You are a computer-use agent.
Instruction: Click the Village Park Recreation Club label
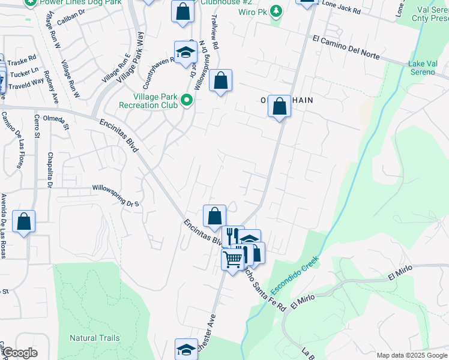tap(155, 100)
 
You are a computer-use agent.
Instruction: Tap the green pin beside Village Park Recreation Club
tap(187, 100)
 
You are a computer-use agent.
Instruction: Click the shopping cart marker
tap(232, 260)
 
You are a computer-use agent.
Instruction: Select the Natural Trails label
tap(94, 338)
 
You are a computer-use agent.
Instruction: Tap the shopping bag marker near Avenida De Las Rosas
tap(23, 221)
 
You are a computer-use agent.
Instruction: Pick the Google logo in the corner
tap(19, 353)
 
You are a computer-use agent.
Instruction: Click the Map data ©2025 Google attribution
tap(412, 355)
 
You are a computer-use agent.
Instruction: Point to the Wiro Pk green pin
tap(276, 11)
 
